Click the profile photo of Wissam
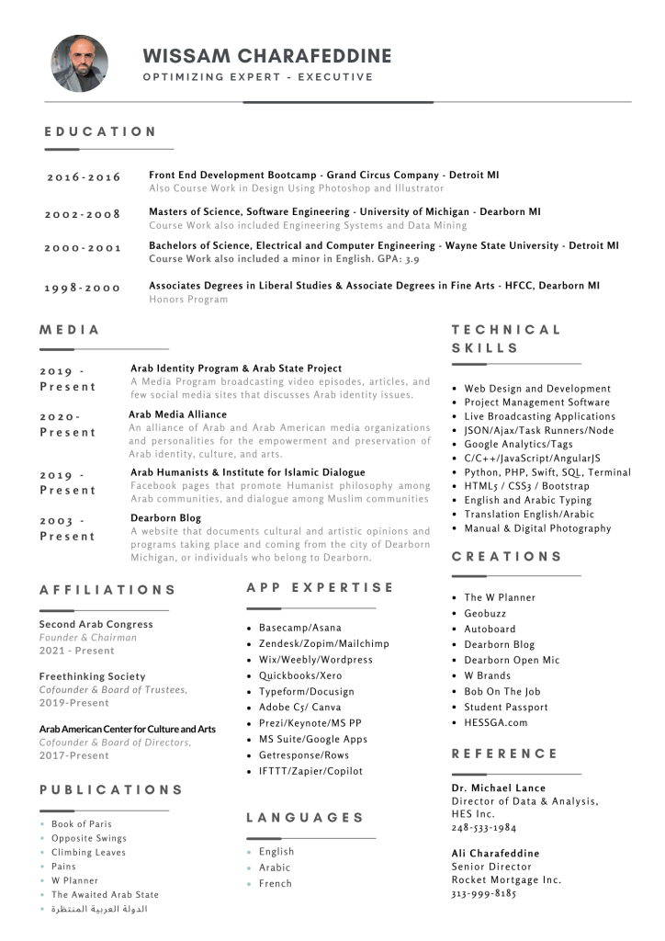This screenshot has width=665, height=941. [x=79, y=63]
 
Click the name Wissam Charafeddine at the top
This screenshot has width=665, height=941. [x=267, y=56]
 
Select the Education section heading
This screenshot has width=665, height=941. [x=101, y=131]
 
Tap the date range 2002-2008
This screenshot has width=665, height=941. [x=83, y=214]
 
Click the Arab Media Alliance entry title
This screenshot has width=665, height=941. [x=177, y=414]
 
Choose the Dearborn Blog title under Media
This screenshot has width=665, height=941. [x=165, y=517]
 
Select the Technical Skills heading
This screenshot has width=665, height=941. [x=506, y=338]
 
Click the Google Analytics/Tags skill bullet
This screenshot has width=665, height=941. [x=518, y=445]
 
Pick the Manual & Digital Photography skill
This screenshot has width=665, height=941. [x=537, y=528]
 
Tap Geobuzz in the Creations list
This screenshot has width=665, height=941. [x=485, y=613]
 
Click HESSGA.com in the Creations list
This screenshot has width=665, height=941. [x=496, y=722]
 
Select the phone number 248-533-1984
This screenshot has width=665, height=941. [x=483, y=828]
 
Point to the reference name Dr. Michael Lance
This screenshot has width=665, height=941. [x=498, y=788]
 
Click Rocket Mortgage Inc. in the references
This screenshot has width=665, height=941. [x=506, y=879]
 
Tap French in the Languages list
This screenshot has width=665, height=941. [x=275, y=883]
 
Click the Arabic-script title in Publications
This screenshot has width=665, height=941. [x=99, y=909]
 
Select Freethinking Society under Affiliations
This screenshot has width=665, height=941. [x=92, y=676]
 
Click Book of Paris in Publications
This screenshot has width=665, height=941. [x=82, y=824]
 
